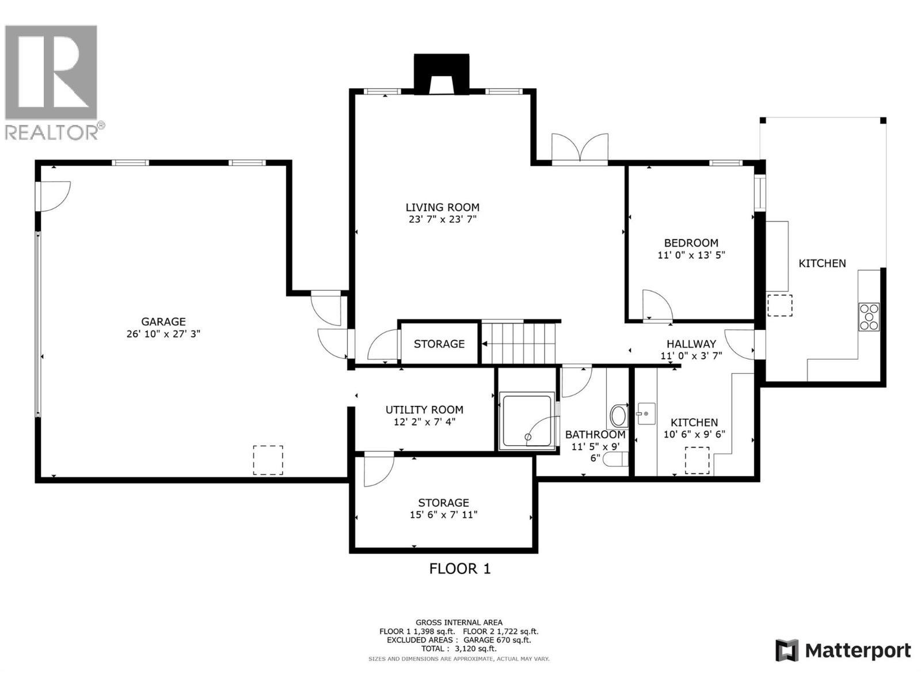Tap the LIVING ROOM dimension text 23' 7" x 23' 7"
pyautogui.click(x=442, y=219)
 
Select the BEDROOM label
pyautogui.click(x=691, y=243)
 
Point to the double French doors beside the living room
pyautogui.click(x=580, y=150)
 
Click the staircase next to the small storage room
pyautogui.click(x=519, y=343)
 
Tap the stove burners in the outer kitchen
pyautogui.click(x=869, y=317)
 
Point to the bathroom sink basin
pyautogui.click(x=619, y=415)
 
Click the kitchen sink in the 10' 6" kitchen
pyautogui.click(x=646, y=413)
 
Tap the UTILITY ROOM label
pyautogui.click(x=424, y=410)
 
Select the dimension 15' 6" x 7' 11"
pyautogui.click(x=443, y=515)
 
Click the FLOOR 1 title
pyautogui.click(x=460, y=569)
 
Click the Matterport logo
pyautogui.click(x=843, y=651)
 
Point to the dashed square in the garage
pyautogui.click(x=268, y=460)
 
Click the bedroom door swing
pyautogui.click(x=656, y=305)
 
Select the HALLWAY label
pyautogui.click(x=691, y=344)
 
